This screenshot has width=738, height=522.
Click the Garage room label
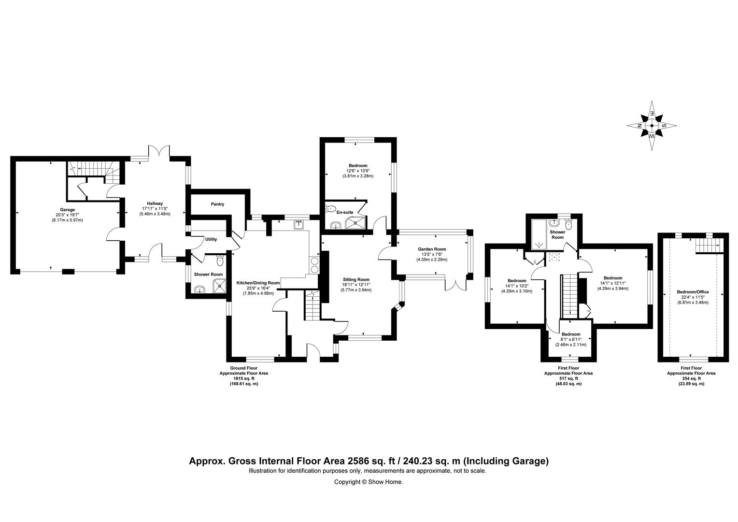pos(67,210)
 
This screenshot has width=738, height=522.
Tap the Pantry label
pos(217,204)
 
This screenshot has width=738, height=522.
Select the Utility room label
pos(211,239)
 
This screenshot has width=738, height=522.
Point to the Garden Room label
pos(432,249)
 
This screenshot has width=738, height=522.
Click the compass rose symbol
pos(652,126)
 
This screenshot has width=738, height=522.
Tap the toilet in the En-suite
pos(330,208)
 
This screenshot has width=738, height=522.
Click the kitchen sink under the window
pos(299,225)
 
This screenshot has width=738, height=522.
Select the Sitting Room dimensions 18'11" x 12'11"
pos(356,285)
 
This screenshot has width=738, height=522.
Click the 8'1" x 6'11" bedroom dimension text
pos(571,339)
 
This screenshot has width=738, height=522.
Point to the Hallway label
pos(155,203)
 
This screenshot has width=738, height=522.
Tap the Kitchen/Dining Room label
pos(258,283)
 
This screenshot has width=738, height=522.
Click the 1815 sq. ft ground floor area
pos(243,378)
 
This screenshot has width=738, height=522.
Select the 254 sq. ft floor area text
pos(691,378)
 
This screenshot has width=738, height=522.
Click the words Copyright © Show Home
pos(369,482)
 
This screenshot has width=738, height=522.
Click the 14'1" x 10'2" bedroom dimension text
pos(517,286)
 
